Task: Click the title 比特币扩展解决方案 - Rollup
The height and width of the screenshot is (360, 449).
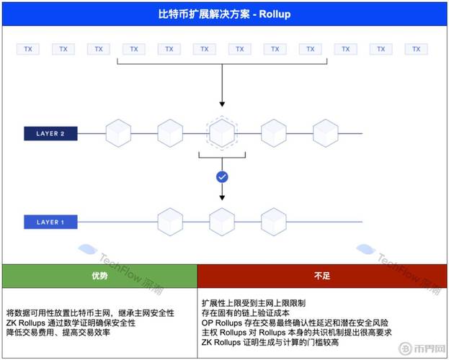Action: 224,14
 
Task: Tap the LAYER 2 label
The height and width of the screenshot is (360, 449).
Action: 50,133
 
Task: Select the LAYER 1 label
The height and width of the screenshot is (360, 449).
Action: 50,222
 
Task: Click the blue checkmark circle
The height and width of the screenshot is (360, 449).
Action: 222,176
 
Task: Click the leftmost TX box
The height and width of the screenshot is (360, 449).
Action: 27,49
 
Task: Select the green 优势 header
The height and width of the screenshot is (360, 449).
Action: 99,276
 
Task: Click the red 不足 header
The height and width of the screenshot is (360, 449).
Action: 322,276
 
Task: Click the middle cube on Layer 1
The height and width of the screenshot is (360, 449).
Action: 222,221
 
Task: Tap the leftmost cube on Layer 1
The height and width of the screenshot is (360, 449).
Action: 170,221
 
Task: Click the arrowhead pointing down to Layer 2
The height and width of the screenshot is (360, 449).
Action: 222,105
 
